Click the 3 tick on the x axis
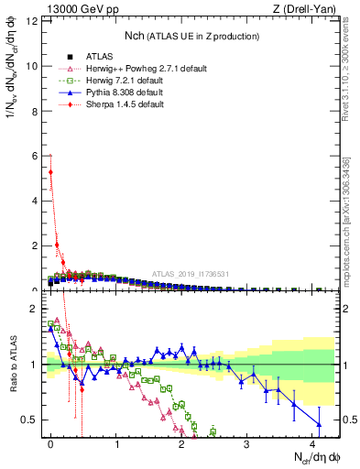point(247,442)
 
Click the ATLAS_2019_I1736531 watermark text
point(191,274)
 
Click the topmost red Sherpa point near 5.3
point(50,171)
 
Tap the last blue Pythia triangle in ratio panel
point(319,423)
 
